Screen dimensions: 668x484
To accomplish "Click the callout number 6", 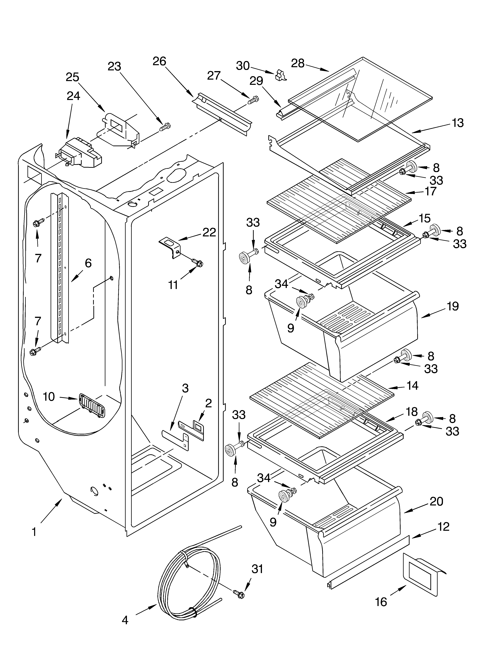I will [x=88, y=263].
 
